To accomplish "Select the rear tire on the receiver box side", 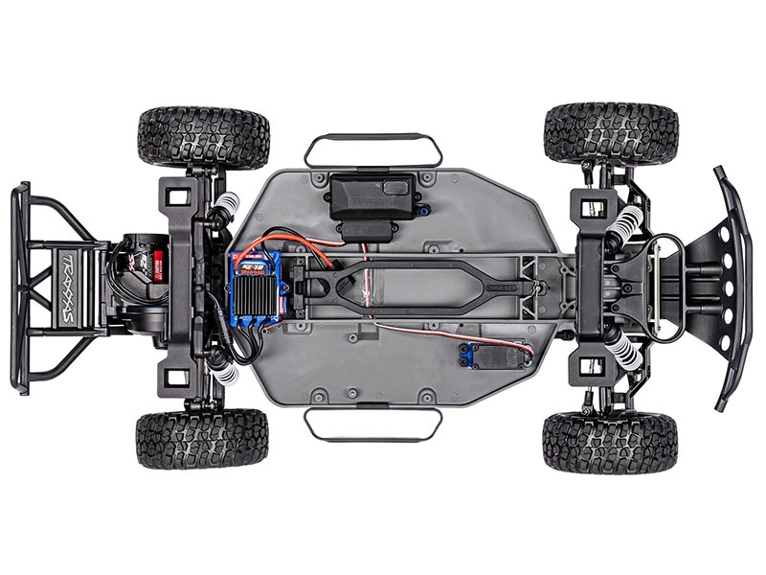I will coord(203,137).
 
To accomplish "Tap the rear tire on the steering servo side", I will coord(202,438).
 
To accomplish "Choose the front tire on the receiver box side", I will coord(611,133).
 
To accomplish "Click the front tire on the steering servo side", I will coord(610,442).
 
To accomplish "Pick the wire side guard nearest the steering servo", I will coord(373,425).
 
